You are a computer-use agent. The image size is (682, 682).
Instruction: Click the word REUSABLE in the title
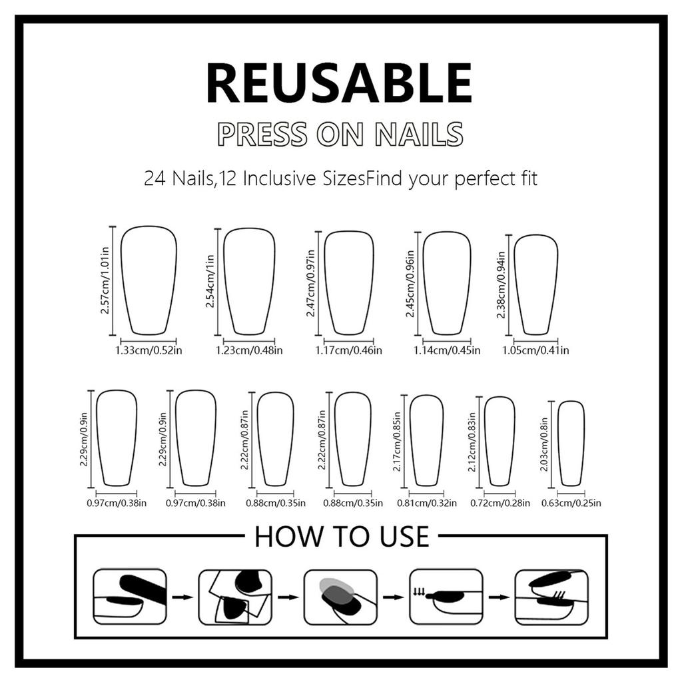[340, 83]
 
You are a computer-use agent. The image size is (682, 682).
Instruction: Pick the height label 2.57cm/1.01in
[105, 280]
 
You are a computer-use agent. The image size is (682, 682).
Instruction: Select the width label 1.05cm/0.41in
[535, 350]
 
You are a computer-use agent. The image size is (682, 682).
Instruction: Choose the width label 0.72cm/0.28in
[500, 504]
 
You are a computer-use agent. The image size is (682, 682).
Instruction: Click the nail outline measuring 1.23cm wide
[249, 280]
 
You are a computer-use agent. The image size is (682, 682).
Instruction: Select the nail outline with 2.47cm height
[349, 282]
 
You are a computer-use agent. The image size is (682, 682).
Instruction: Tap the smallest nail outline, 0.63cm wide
[571, 444]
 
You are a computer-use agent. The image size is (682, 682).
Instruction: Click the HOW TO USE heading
[342, 537]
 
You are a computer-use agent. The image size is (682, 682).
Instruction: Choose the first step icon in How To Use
[129, 596]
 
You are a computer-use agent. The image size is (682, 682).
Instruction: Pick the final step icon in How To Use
[552, 596]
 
